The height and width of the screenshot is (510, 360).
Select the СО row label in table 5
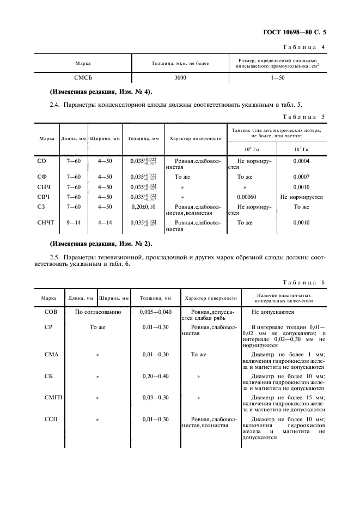coord(41,161)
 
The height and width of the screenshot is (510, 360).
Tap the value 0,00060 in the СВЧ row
coord(245,197)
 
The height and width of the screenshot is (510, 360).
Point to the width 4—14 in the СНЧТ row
coord(104,222)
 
